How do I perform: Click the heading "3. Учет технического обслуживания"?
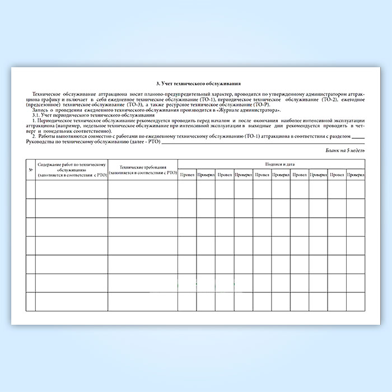pos(195,82)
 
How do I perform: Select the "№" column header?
pos(30,170)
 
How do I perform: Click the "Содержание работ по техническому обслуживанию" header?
pos(72,170)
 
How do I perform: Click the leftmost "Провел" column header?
pos(187,175)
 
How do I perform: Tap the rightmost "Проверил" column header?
pos(356,175)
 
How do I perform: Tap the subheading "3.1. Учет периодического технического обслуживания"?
pos(94,115)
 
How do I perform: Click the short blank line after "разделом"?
pos(359,137)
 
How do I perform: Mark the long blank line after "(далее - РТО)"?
pos(263,142)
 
